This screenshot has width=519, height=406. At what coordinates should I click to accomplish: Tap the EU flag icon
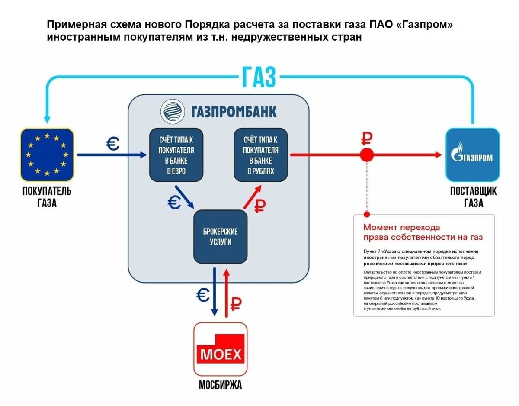pyautogui.click(x=47, y=155)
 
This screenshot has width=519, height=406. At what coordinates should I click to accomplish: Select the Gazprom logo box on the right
pyautogui.click(x=472, y=155)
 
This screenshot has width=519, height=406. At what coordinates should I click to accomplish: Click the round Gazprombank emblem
pyautogui.click(x=173, y=112)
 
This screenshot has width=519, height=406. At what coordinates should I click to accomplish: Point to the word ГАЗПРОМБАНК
pyautogui.click(x=234, y=112)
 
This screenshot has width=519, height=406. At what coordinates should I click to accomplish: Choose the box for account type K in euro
pyautogui.click(x=176, y=155)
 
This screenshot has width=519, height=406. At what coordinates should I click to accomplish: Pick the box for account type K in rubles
pyautogui.click(x=260, y=155)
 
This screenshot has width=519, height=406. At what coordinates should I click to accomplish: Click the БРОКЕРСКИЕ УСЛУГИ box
pyautogui.click(x=220, y=237)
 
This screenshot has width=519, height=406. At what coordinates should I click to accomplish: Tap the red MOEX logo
pyautogui.click(x=220, y=353)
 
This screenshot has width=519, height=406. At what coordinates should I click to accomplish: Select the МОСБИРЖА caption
pyautogui.click(x=220, y=385)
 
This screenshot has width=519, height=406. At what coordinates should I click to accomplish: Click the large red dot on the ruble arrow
pyautogui.click(x=367, y=155)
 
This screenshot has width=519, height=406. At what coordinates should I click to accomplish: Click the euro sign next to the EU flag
pyautogui.click(x=113, y=144)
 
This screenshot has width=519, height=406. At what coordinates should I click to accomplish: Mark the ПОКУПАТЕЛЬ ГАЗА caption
pyautogui.click(x=47, y=197)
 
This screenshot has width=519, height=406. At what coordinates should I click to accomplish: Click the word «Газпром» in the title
pyautogui.click(x=424, y=25)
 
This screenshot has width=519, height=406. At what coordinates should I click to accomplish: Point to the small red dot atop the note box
pyautogui.click(x=367, y=214)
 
